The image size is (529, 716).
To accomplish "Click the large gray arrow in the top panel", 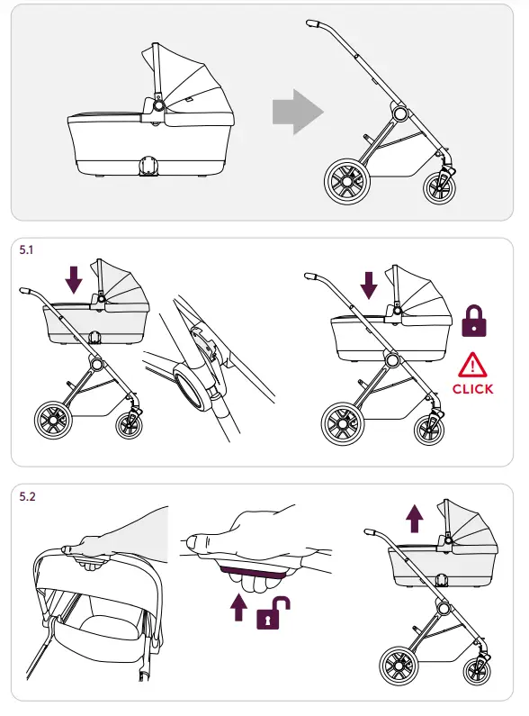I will point(297,112).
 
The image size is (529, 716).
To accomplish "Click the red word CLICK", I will point(472,389).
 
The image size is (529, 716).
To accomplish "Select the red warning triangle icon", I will point(472,365).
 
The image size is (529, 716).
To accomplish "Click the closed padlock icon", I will point(472,322).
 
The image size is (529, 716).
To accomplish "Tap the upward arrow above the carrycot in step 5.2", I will point(413,518).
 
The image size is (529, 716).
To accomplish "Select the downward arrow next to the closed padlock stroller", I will point(368,285).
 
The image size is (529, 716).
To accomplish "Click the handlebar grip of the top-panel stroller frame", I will point(314,23).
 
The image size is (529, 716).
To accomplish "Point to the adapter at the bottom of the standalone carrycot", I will point(146,167).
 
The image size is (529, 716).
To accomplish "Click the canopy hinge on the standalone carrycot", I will point(157,105).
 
